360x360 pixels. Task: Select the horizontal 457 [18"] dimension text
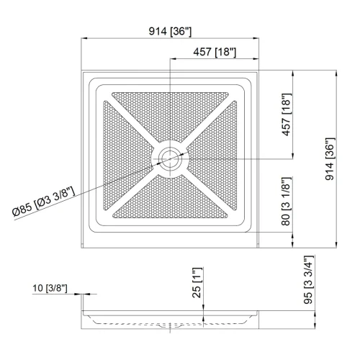click(x=215, y=52)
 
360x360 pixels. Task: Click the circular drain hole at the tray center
click(x=171, y=158)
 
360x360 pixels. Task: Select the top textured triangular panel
click(x=171, y=115)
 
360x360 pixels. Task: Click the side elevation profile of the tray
click(x=171, y=318)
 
